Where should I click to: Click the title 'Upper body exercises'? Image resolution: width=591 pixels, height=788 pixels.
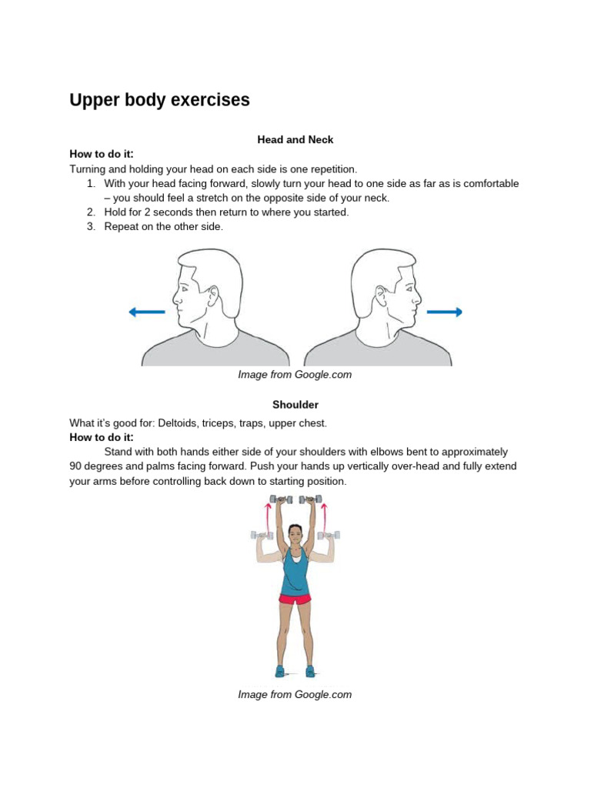159,100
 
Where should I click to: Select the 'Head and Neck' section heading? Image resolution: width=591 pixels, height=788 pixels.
295,140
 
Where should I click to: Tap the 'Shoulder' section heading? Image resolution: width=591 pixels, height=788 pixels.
295,404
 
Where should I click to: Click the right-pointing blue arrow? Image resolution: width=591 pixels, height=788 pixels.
444,312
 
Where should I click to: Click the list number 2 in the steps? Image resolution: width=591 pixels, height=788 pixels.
90,212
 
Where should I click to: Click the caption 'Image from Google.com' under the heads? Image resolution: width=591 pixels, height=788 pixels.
295,375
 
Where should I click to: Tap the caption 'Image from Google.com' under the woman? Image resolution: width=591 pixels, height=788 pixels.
295,694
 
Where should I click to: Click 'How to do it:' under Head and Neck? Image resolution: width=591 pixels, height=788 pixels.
102,154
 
